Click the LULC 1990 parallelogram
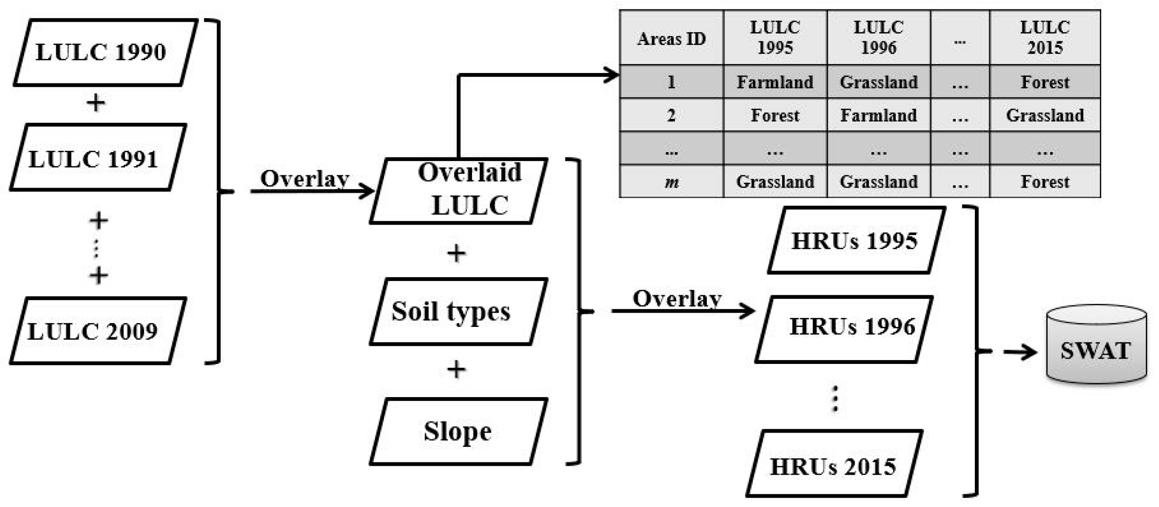pyautogui.click(x=105, y=52)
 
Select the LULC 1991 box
pyautogui.click(x=98, y=158)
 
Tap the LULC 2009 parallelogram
pyautogui.click(x=98, y=331)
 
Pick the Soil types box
pyautogui.click(x=458, y=311)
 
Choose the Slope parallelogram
pyautogui.click(x=458, y=431)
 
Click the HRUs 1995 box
pyautogui.click(x=856, y=241)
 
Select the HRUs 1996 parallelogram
pyautogui.click(x=844, y=329)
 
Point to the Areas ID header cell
pyautogui.click(x=671, y=38)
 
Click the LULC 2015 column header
pyautogui.click(x=1044, y=37)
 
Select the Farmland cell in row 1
pyautogui.click(x=775, y=82)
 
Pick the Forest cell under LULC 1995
pyautogui.click(x=775, y=115)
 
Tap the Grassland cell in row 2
pyautogui.click(x=1044, y=115)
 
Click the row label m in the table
pyautogui.click(x=671, y=181)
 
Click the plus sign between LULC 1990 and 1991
pyautogui.click(x=96, y=102)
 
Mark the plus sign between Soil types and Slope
pyautogui.click(x=456, y=369)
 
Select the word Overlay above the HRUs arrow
pyautogui.click(x=677, y=299)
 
